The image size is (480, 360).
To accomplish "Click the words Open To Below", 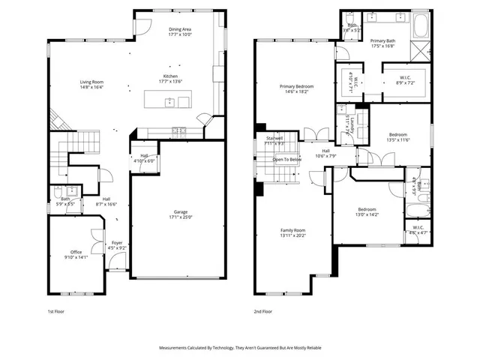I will (x=287, y=160).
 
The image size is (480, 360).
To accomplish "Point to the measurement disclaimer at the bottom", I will (x=239, y=348).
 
